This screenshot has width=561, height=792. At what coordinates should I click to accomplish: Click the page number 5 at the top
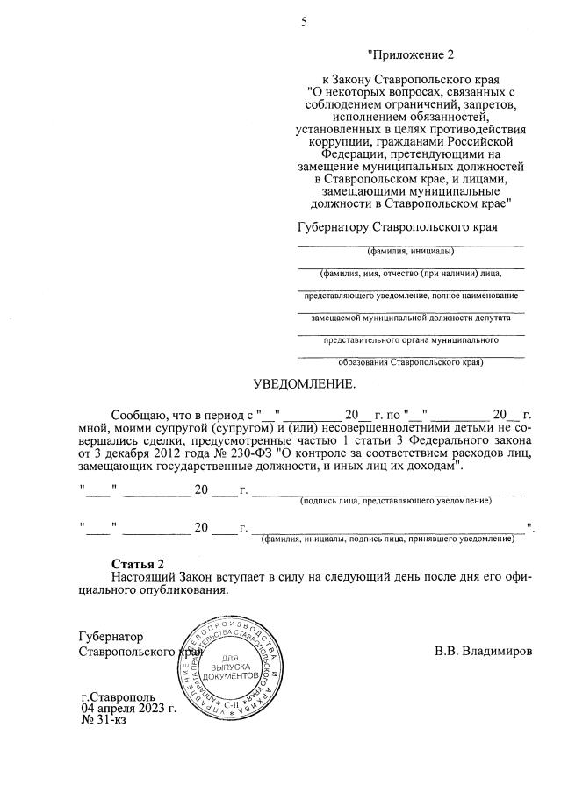[x=304, y=22]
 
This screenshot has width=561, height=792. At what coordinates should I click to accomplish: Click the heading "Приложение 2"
[x=411, y=55]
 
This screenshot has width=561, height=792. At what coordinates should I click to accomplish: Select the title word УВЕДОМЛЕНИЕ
[x=305, y=384]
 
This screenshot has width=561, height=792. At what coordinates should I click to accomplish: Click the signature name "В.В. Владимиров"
[x=483, y=652]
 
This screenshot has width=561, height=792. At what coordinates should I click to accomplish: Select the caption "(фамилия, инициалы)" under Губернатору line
[x=411, y=251]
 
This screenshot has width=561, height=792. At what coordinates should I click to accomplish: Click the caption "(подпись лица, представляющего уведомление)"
[x=395, y=500]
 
